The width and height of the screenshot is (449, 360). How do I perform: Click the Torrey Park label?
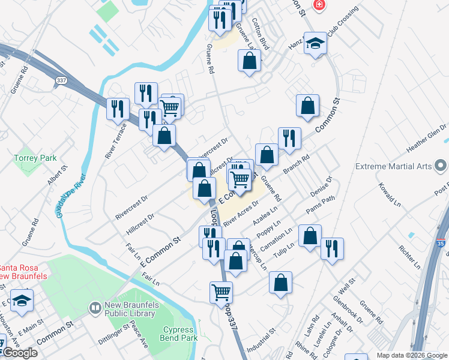click(x=35, y=158)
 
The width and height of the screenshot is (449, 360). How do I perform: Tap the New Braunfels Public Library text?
click(x=131, y=308)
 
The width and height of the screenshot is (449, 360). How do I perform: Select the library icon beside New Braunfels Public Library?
click(x=95, y=308)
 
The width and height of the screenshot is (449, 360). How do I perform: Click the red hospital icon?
click(x=319, y=5)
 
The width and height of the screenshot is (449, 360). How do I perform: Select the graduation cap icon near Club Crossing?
click(x=315, y=44)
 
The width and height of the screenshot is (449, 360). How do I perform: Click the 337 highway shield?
click(x=61, y=80)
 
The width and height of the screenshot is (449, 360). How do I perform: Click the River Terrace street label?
click(x=115, y=141)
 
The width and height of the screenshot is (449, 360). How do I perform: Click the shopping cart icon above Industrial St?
click(x=221, y=292)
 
